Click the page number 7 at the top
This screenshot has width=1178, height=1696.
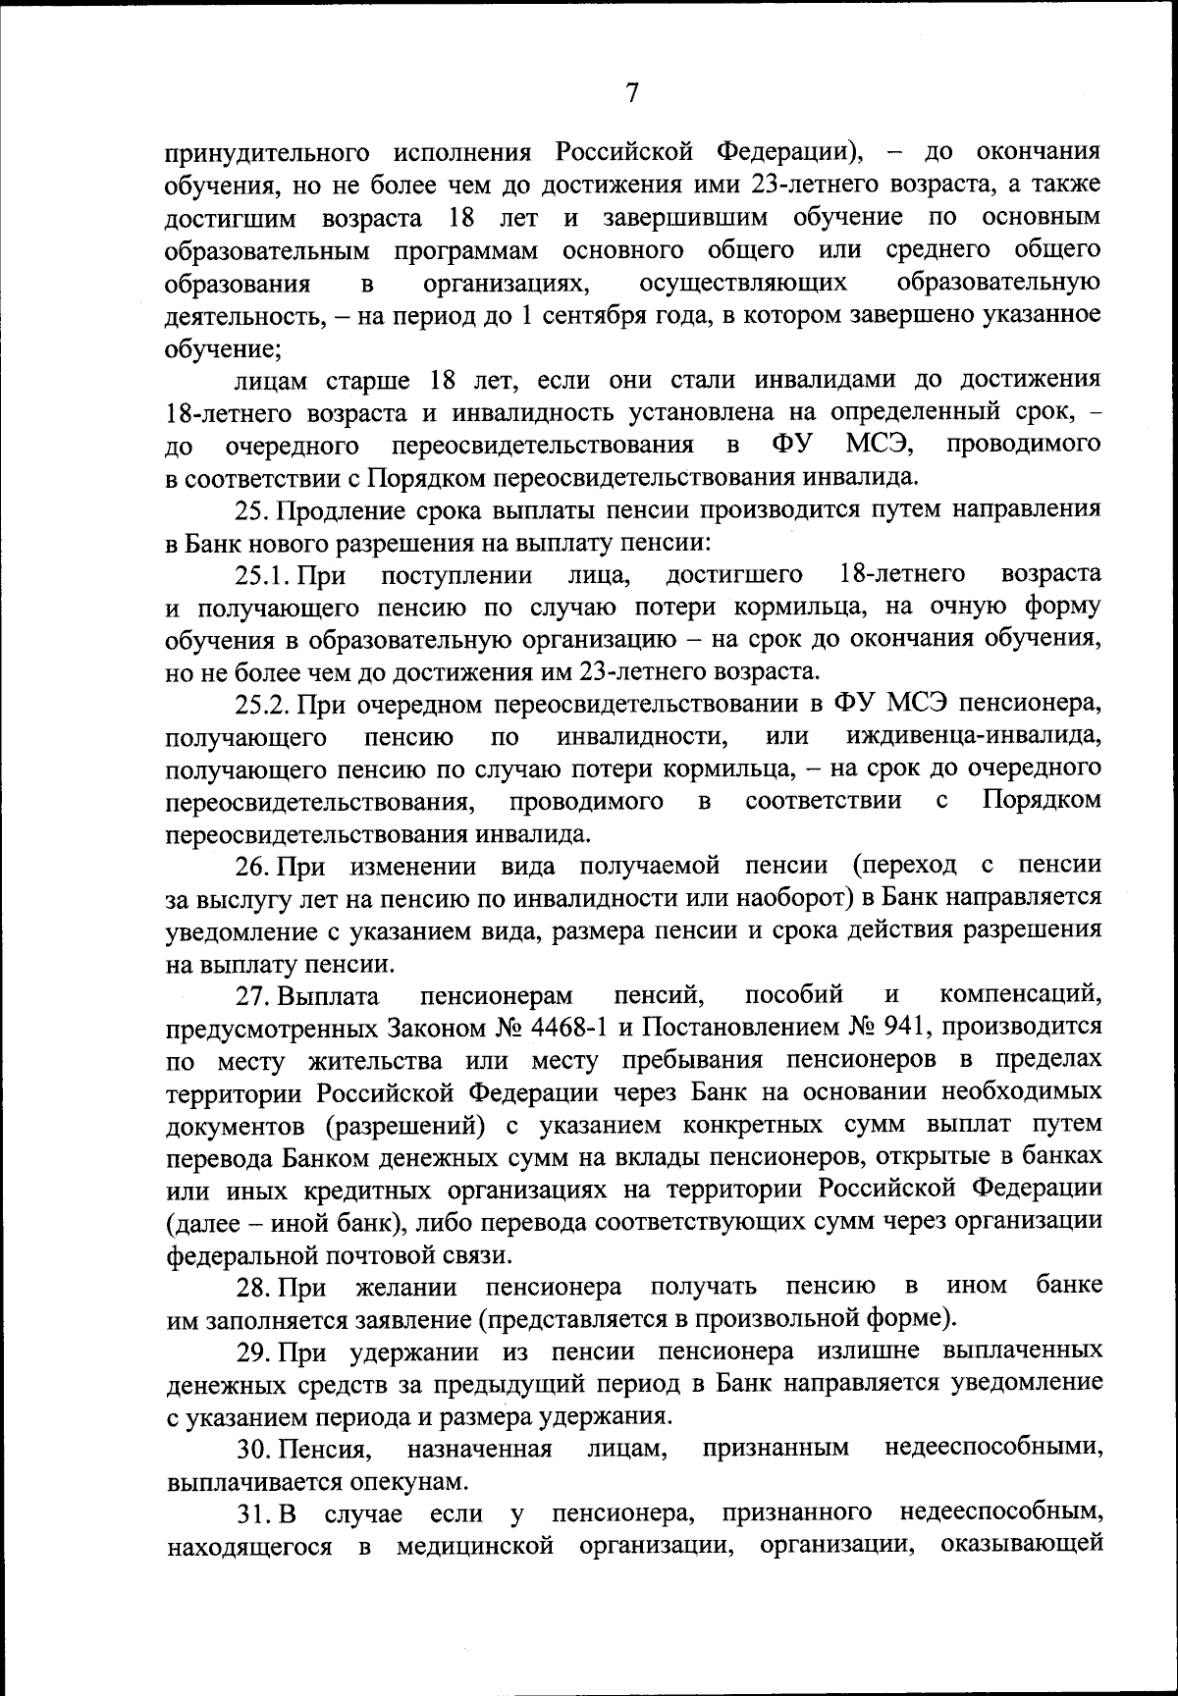[x=632, y=92]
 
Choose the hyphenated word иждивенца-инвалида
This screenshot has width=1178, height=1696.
[x=973, y=736]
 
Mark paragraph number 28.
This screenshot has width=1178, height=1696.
[x=252, y=1287]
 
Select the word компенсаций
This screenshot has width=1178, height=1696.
[x=1019, y=996]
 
